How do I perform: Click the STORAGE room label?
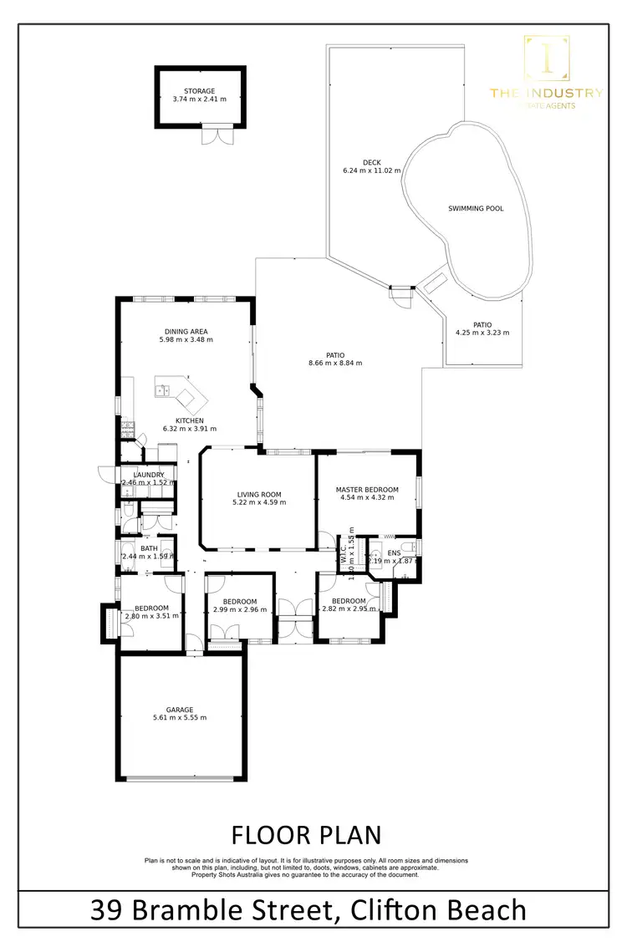(x=199, y=91)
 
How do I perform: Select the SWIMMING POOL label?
(x=476, y=208)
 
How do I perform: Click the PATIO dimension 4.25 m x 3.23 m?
(x=482, y=333)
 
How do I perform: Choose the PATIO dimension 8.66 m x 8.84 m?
(x=338, y=363)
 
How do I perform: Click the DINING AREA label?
(x=186, y=331)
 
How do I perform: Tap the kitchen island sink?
(x=163, y=390)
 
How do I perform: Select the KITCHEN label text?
(x=189, y=420)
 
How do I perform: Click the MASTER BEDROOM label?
(x=367, y=489)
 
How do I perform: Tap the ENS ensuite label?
(x=395, y=552)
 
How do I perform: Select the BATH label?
(x=149, y=548)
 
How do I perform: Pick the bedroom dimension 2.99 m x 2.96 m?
(x=240, y=609)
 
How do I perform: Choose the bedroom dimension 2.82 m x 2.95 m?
(x=349, y=609)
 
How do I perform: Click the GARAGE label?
(x=179, y=710)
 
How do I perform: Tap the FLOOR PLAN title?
(x=305, y=835)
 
